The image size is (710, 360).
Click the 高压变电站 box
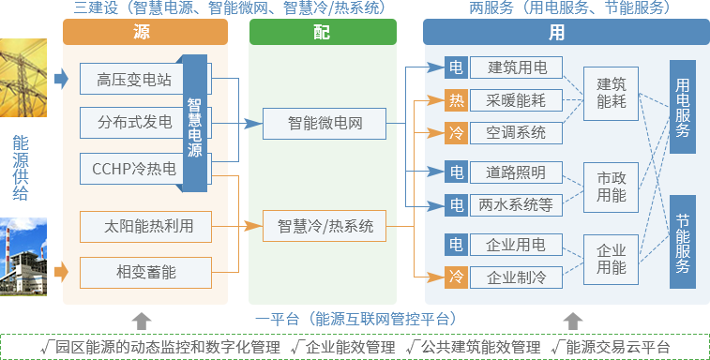pos(134,80)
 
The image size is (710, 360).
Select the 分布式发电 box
pos(134,122)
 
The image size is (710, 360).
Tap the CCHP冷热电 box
pos(134,169)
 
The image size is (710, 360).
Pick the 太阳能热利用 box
pos(144,226)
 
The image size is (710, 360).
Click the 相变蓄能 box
pos(144,272)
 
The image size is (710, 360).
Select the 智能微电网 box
pos(324,123)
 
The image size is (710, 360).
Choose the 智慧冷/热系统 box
pos(325,226)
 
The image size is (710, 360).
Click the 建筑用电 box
pos(517,67)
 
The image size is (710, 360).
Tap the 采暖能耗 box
pos(517,100)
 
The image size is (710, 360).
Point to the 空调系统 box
pos(517,132)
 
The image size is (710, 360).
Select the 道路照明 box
pos(517,172)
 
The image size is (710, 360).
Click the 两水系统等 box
pos(517,204)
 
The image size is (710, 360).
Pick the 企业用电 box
pos(517,246)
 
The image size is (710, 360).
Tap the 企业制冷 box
pos(517,277)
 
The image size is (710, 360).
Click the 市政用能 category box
pos(612,186)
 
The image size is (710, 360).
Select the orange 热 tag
pos(456,100)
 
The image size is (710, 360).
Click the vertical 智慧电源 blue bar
pos(195,123)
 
